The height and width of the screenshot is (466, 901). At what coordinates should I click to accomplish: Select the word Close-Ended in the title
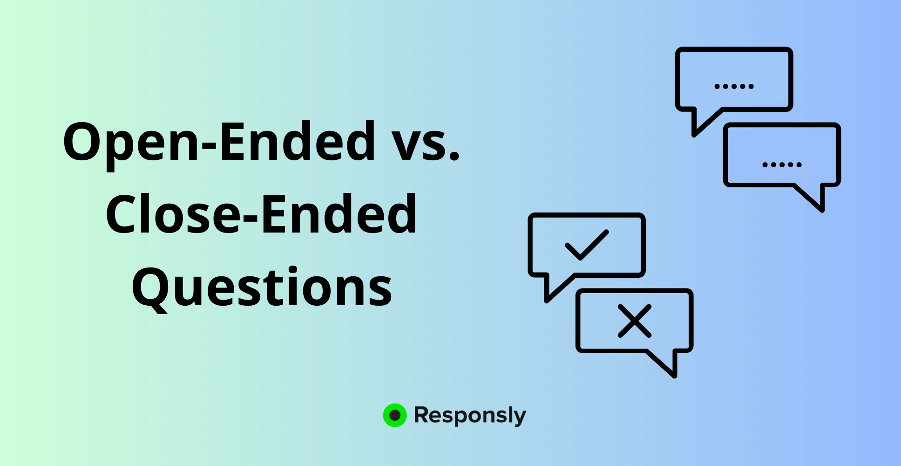pos(261,214)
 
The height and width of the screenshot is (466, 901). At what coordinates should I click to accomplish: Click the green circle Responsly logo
pos(395,415)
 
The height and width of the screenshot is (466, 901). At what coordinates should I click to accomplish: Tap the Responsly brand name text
pos(470,416)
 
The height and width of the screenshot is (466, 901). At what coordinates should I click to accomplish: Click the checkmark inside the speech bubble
pos(587,245)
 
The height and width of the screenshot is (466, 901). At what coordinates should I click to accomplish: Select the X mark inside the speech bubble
pos(634,321)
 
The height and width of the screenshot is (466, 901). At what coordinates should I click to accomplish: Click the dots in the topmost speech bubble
pos(734,86)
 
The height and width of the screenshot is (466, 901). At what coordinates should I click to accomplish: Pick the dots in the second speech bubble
pos(782,164)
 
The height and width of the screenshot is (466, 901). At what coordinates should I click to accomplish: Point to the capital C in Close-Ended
pos(122,214)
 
